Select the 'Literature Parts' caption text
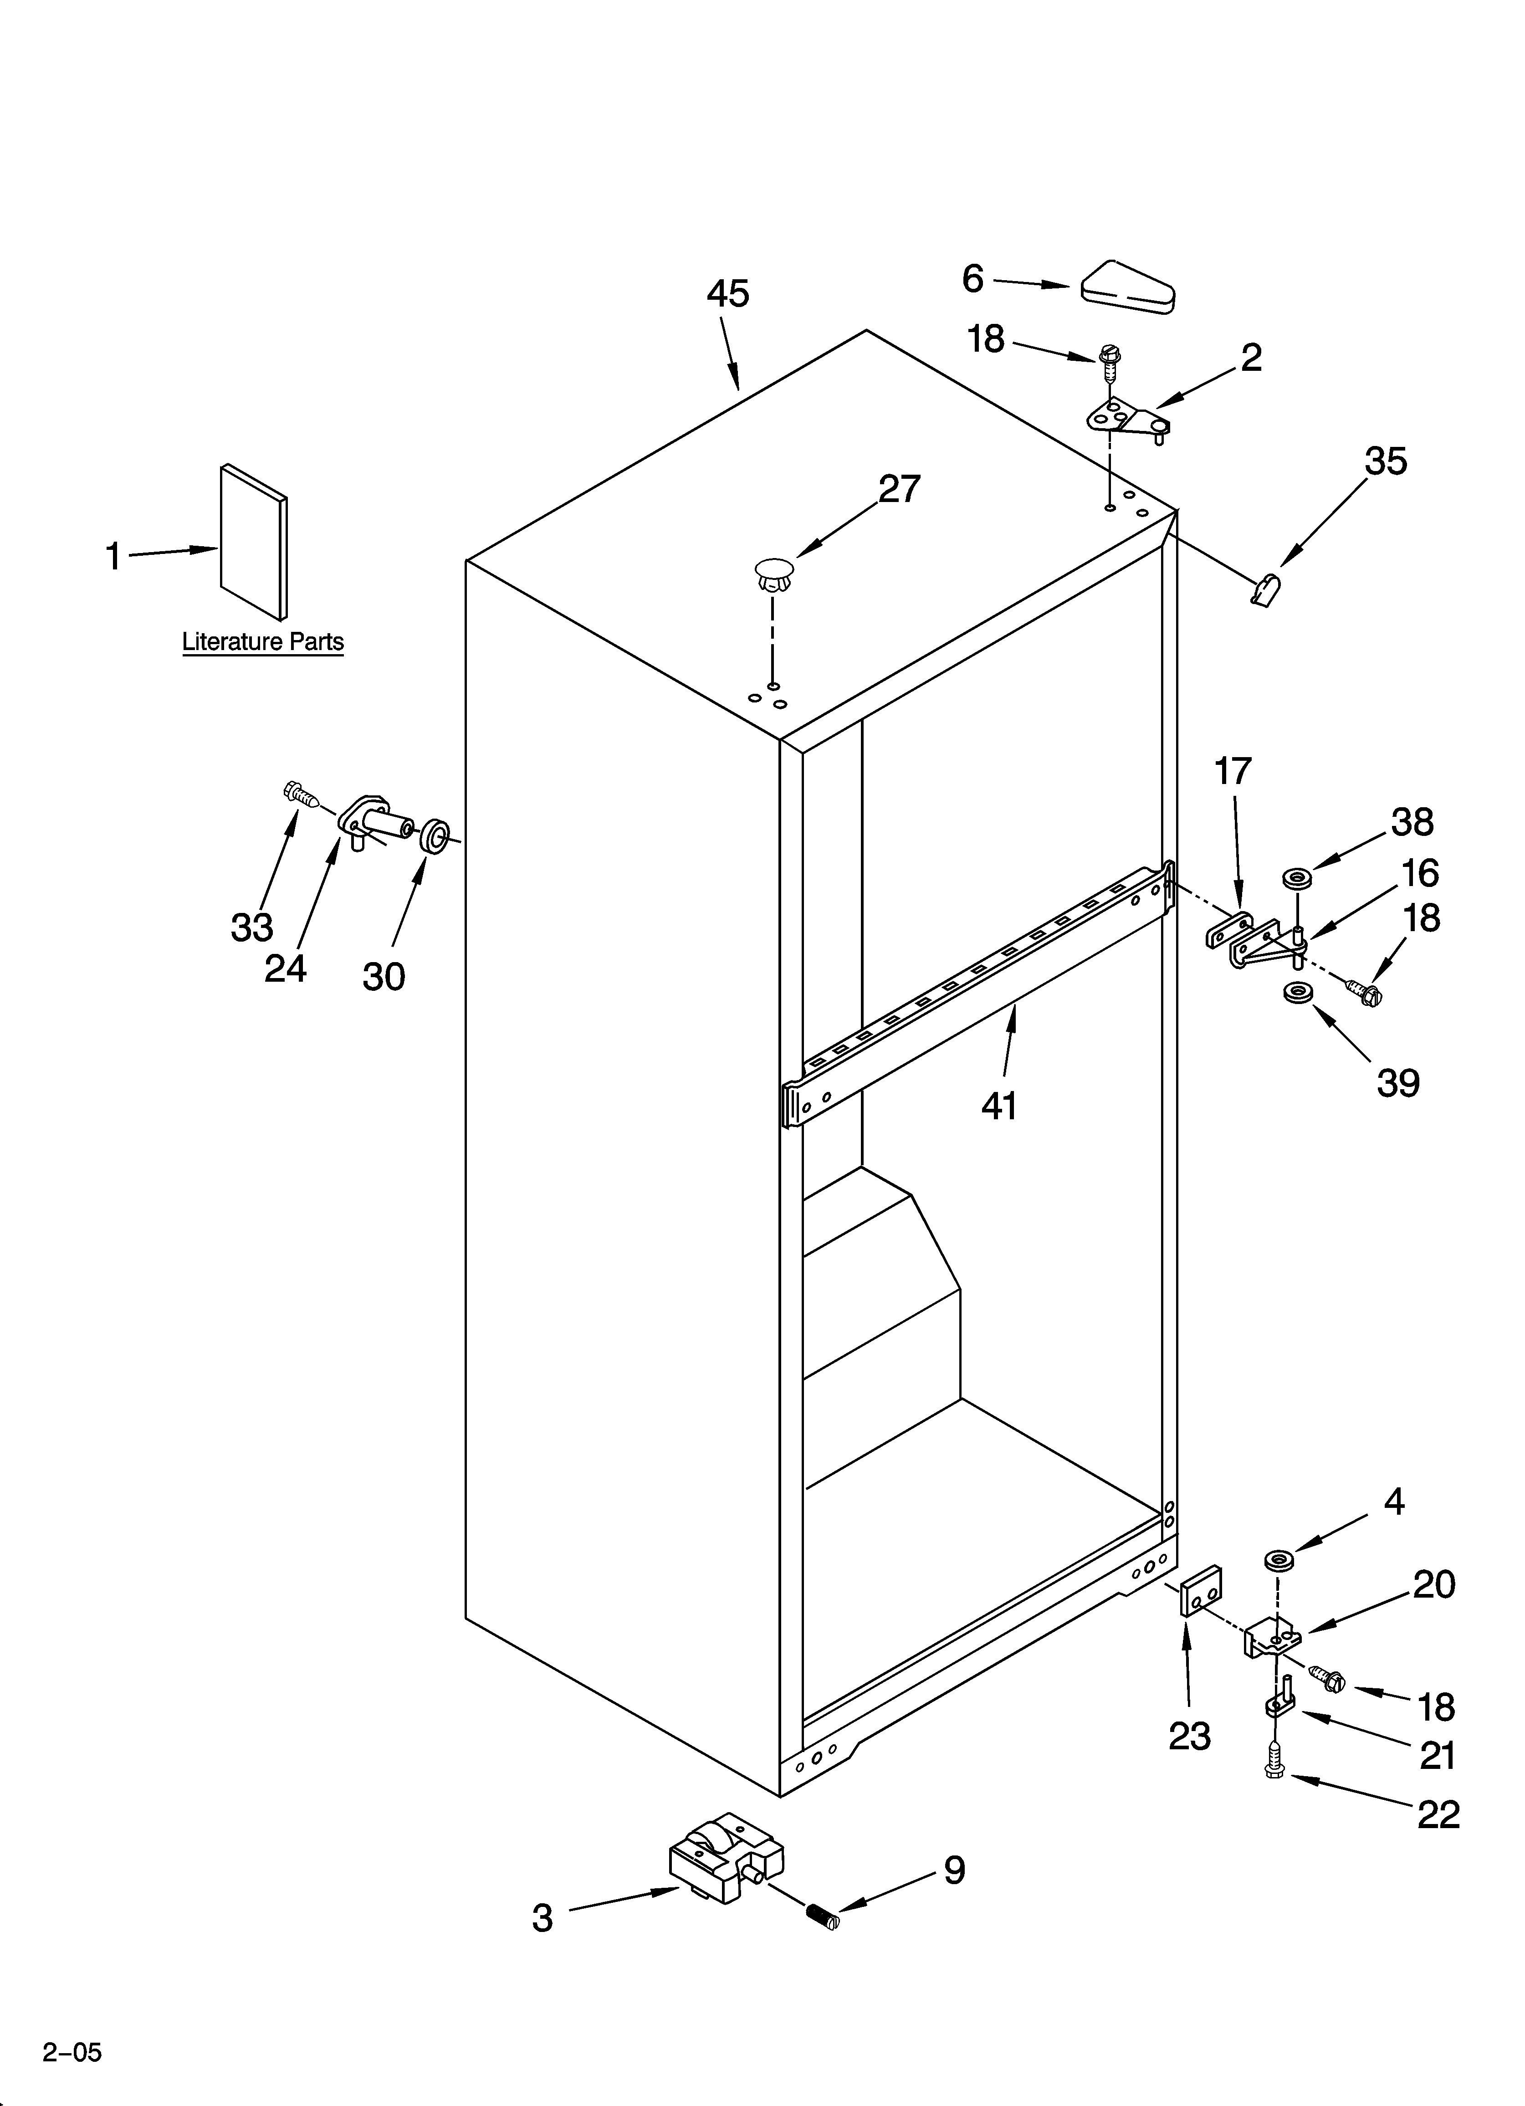[x=263, y=642]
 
